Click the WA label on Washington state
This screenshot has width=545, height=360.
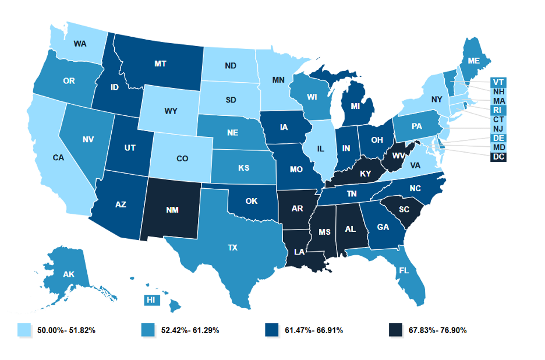[80, 44]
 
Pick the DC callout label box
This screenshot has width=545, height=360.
[499, 157]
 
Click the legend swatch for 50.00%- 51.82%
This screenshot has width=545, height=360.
[24, 330]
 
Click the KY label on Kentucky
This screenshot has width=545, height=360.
[365, 174]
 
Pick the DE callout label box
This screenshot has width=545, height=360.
[499, 139]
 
